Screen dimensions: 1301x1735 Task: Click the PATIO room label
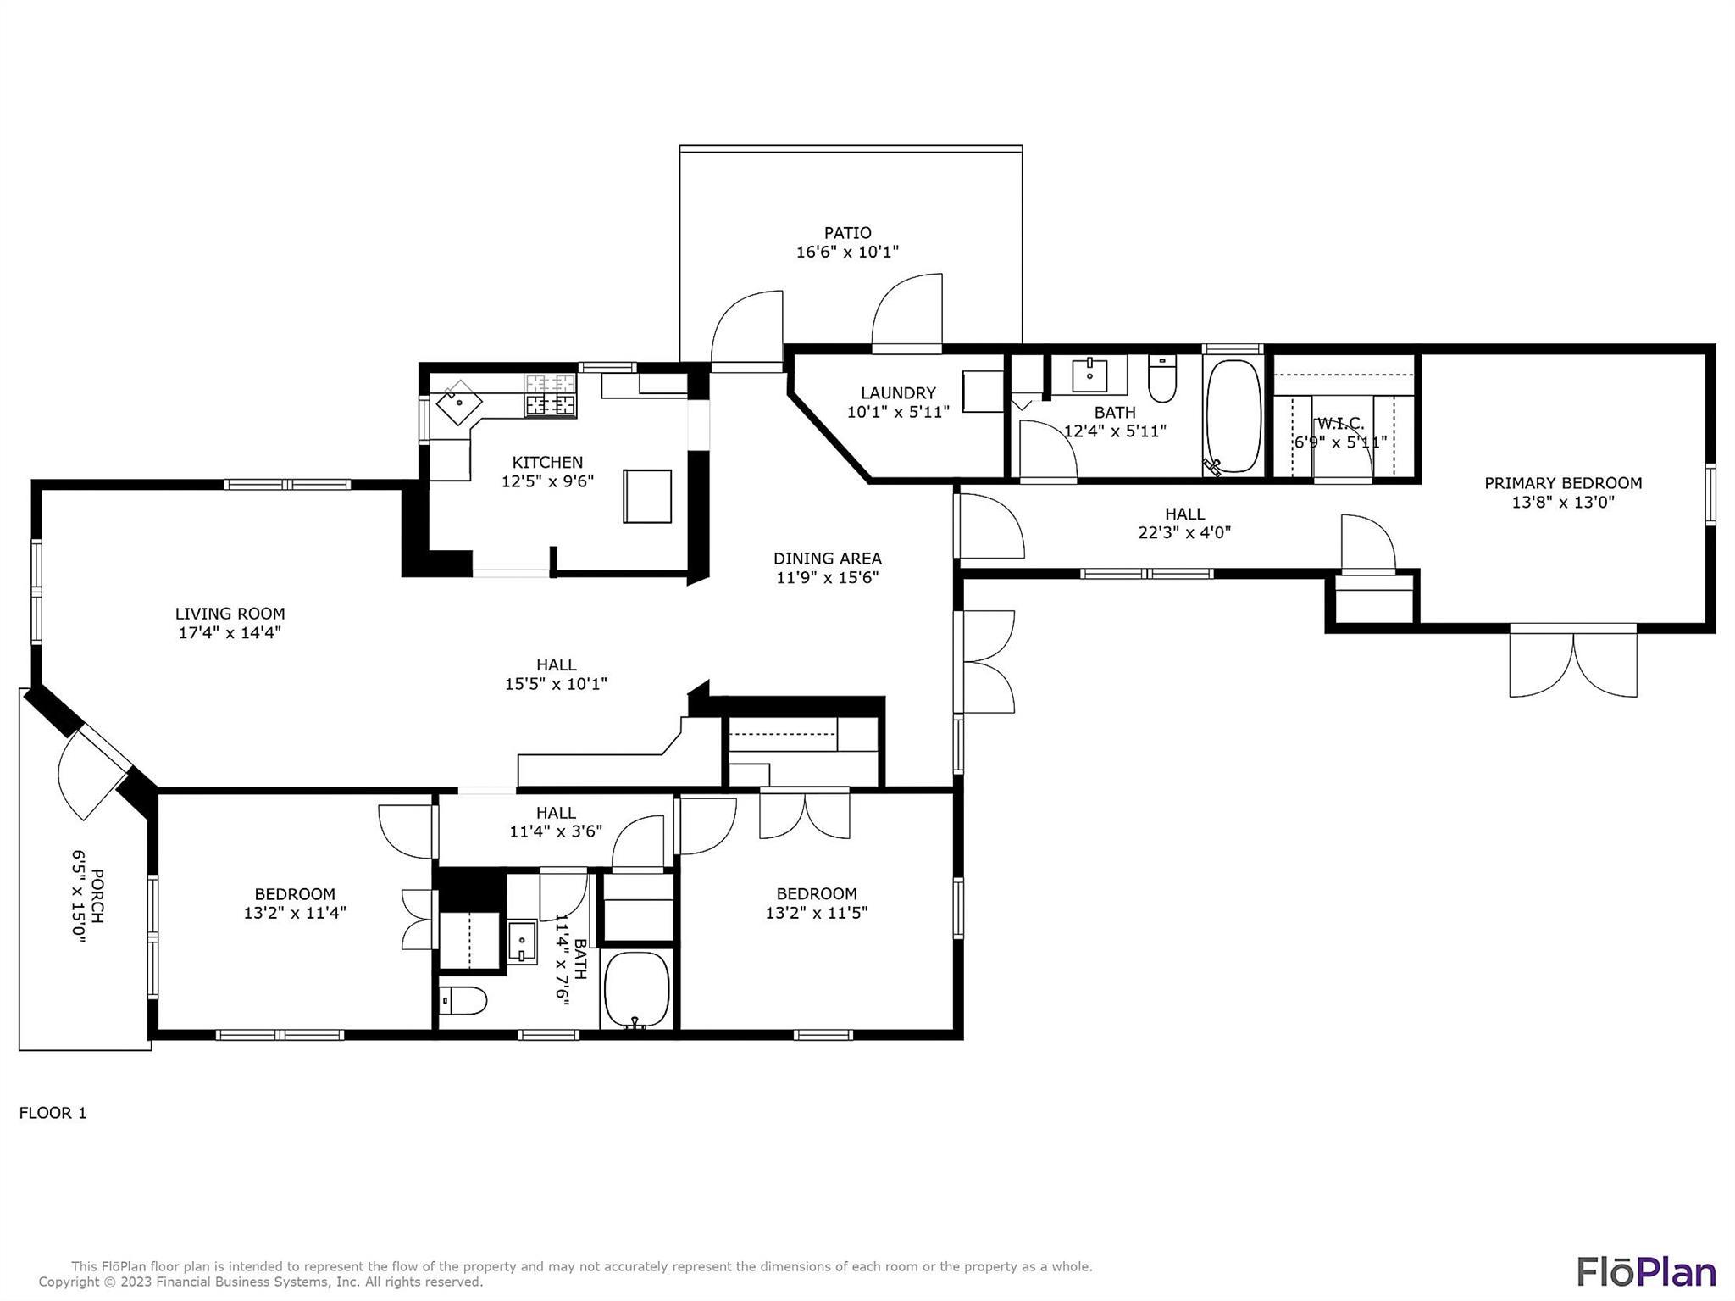847,233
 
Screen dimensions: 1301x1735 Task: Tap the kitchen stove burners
550,397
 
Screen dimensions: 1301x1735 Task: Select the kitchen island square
647,496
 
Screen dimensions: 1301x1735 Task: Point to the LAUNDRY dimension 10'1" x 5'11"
898,412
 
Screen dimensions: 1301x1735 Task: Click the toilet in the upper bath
1162,380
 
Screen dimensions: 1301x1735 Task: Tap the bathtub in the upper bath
1233,415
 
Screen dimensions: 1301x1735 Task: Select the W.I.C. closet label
1339,424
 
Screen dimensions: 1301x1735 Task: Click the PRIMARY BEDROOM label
1563,483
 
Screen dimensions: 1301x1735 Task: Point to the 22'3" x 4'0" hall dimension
1184,532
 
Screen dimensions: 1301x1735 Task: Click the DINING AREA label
827,559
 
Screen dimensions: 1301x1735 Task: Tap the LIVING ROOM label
230,614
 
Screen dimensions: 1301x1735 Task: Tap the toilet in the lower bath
463,1002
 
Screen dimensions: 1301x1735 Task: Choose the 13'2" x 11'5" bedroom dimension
817,913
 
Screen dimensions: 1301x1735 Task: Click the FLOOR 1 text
53,1113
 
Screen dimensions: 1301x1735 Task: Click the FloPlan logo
1645,1271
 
